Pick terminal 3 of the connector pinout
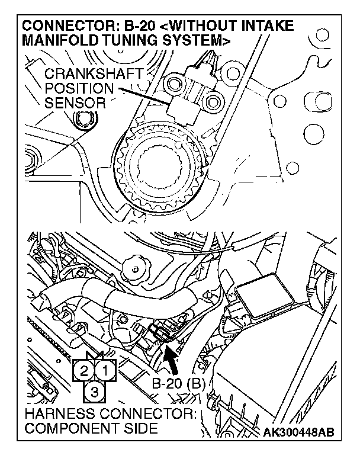(95, 390)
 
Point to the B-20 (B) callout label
(177, 383)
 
